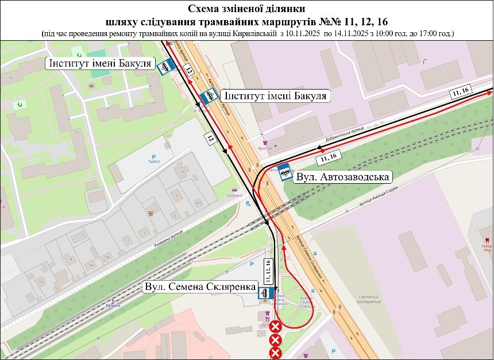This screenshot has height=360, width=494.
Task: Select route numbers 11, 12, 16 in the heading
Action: tap(362, 22)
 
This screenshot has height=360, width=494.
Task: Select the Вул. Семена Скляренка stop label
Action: tap(199, 287)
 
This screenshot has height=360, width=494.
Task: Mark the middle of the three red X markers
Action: tap(275, 339)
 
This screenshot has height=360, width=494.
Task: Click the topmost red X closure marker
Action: tap(275, 327)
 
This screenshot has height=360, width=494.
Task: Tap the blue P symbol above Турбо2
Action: tap(152, 157)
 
